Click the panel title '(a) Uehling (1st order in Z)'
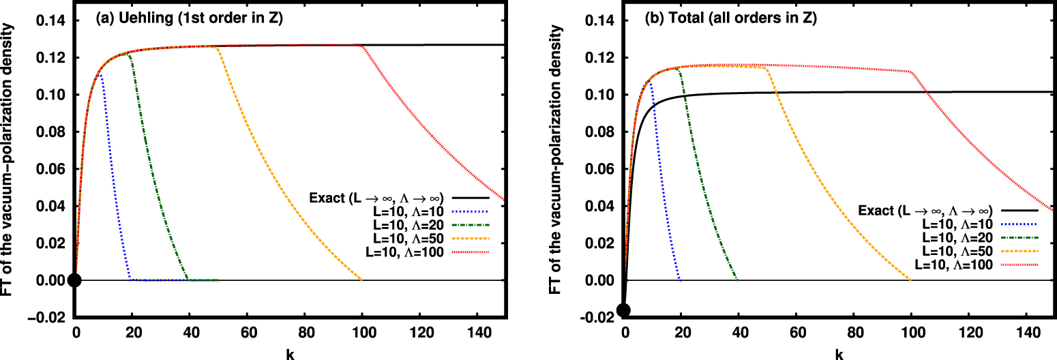coord(188,20)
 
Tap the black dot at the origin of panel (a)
coord(75,280)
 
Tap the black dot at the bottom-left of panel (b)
coord(623,310)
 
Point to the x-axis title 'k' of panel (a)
coord(291,354)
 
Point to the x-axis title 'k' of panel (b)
coord(839,354)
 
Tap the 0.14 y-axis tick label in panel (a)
coord(50,21)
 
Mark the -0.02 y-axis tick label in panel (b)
coord(596,317)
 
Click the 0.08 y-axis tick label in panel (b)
coord(598,132)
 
